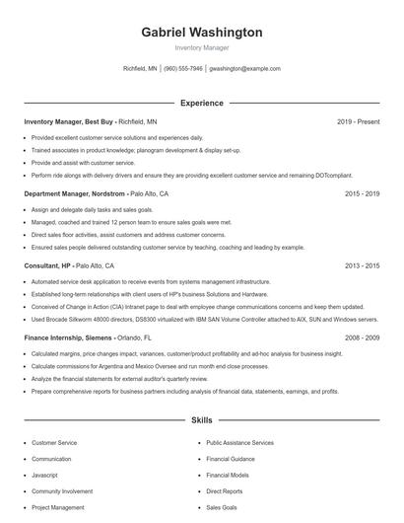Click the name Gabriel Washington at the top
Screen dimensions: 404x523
pos(202,33)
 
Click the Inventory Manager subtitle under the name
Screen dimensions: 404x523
pos(202,48)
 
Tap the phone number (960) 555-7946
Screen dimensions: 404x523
pos(183,69)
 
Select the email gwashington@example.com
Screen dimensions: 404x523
pos(245,69)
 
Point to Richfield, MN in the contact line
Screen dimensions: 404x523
pos(140,69)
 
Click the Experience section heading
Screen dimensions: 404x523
pos(202,103)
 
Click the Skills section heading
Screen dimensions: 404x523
pos(202,420)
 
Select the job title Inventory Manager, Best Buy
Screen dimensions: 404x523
pos(64,121)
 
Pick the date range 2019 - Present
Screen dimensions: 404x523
pos(358,121)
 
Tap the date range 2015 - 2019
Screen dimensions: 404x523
pos(362,194)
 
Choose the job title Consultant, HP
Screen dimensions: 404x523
pos(48,266)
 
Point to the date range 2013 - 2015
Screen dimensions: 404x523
pos(362,266)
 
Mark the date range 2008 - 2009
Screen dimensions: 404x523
pos(362,337)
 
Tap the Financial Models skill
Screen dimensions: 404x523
pos(228,475)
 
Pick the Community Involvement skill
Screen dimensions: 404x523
pos(62,490)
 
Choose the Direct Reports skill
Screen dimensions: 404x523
pos(225,490)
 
